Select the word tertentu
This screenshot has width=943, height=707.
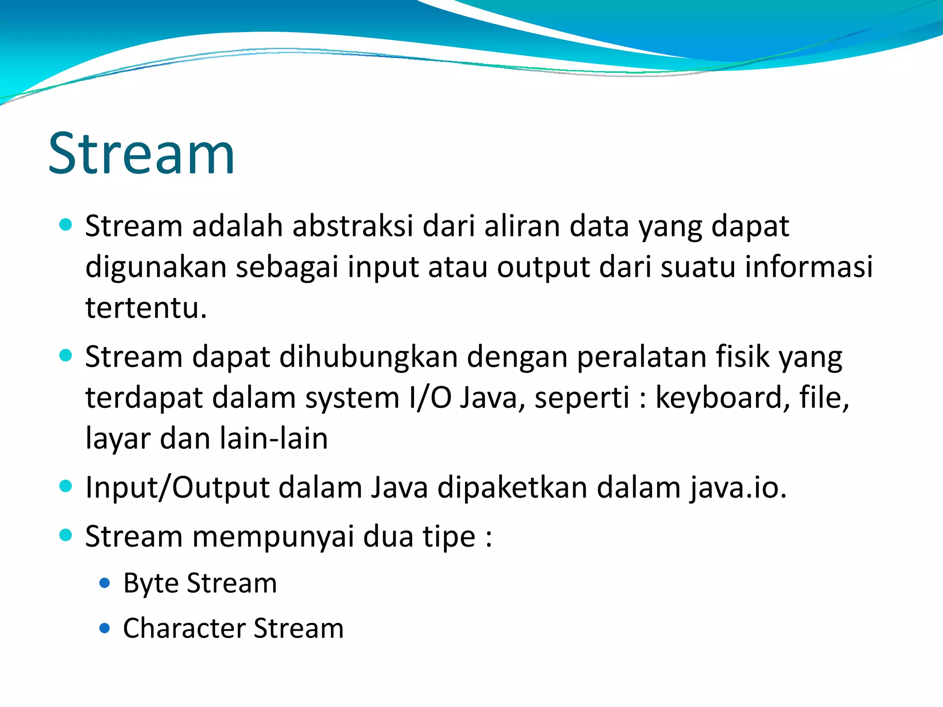pyautogui.click(x=146, y=307)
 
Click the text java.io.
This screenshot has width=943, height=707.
pyautogui.click(x=738, y=487)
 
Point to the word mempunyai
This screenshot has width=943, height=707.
pyautogui.click(x=273, y=536)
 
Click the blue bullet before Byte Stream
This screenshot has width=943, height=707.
pyautogui.click(x=105, y=583)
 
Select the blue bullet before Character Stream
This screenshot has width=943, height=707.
pyautogui.click(x=105, y=628)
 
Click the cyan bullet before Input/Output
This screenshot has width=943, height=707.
pyautogui.click(x=66, y=486)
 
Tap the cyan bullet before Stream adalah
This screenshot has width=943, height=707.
pyautogui.click(x=66, y=225)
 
